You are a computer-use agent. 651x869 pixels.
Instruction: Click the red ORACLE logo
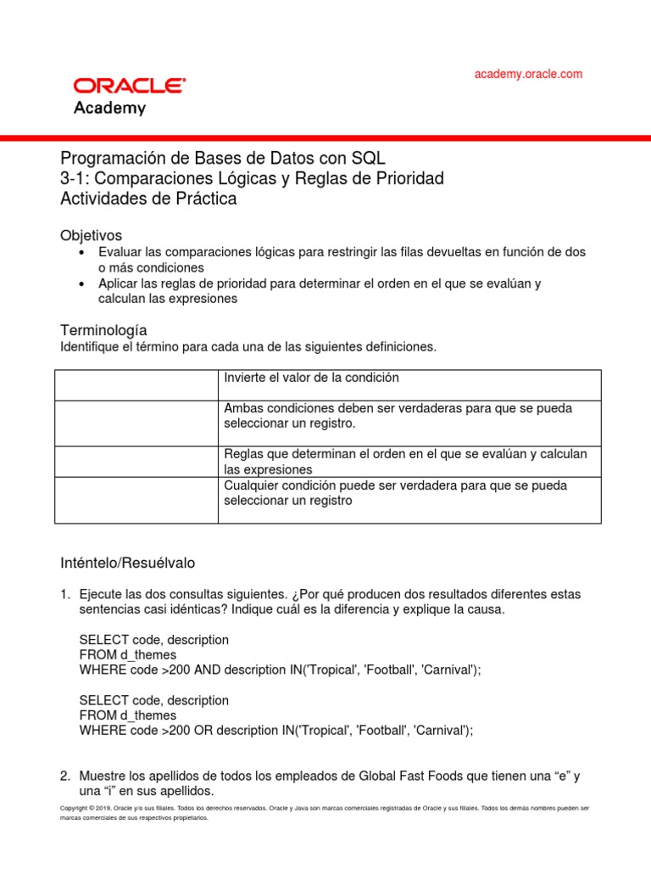pyautogui.click(x=129, y=86)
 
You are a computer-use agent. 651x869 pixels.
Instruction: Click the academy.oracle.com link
pyautogui.click(x=528, y=74)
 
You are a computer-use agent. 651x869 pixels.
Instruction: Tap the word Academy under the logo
pyautogui.click(x=109, y=108)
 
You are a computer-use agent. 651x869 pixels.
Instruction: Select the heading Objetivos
pyautogui.click(x=92, y=234)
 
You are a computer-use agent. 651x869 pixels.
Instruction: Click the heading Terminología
pyautogui.click(x=103, y=329)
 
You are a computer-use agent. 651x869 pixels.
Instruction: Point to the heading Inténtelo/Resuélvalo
pyautogui.click(x=127, y=563)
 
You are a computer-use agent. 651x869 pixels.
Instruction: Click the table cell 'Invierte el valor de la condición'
pyautogui.click(x=311, y=377)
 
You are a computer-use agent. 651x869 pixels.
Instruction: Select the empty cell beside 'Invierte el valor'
pyautogui.click(x=136, y=384)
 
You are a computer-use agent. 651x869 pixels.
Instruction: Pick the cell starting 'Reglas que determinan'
pyautogui.click(x=405, y=462)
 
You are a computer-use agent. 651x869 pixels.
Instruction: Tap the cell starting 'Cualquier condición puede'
pyautogui.click(x=396, y=493)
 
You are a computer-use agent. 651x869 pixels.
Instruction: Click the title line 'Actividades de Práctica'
pyautogui.click(x=148, y=199)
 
